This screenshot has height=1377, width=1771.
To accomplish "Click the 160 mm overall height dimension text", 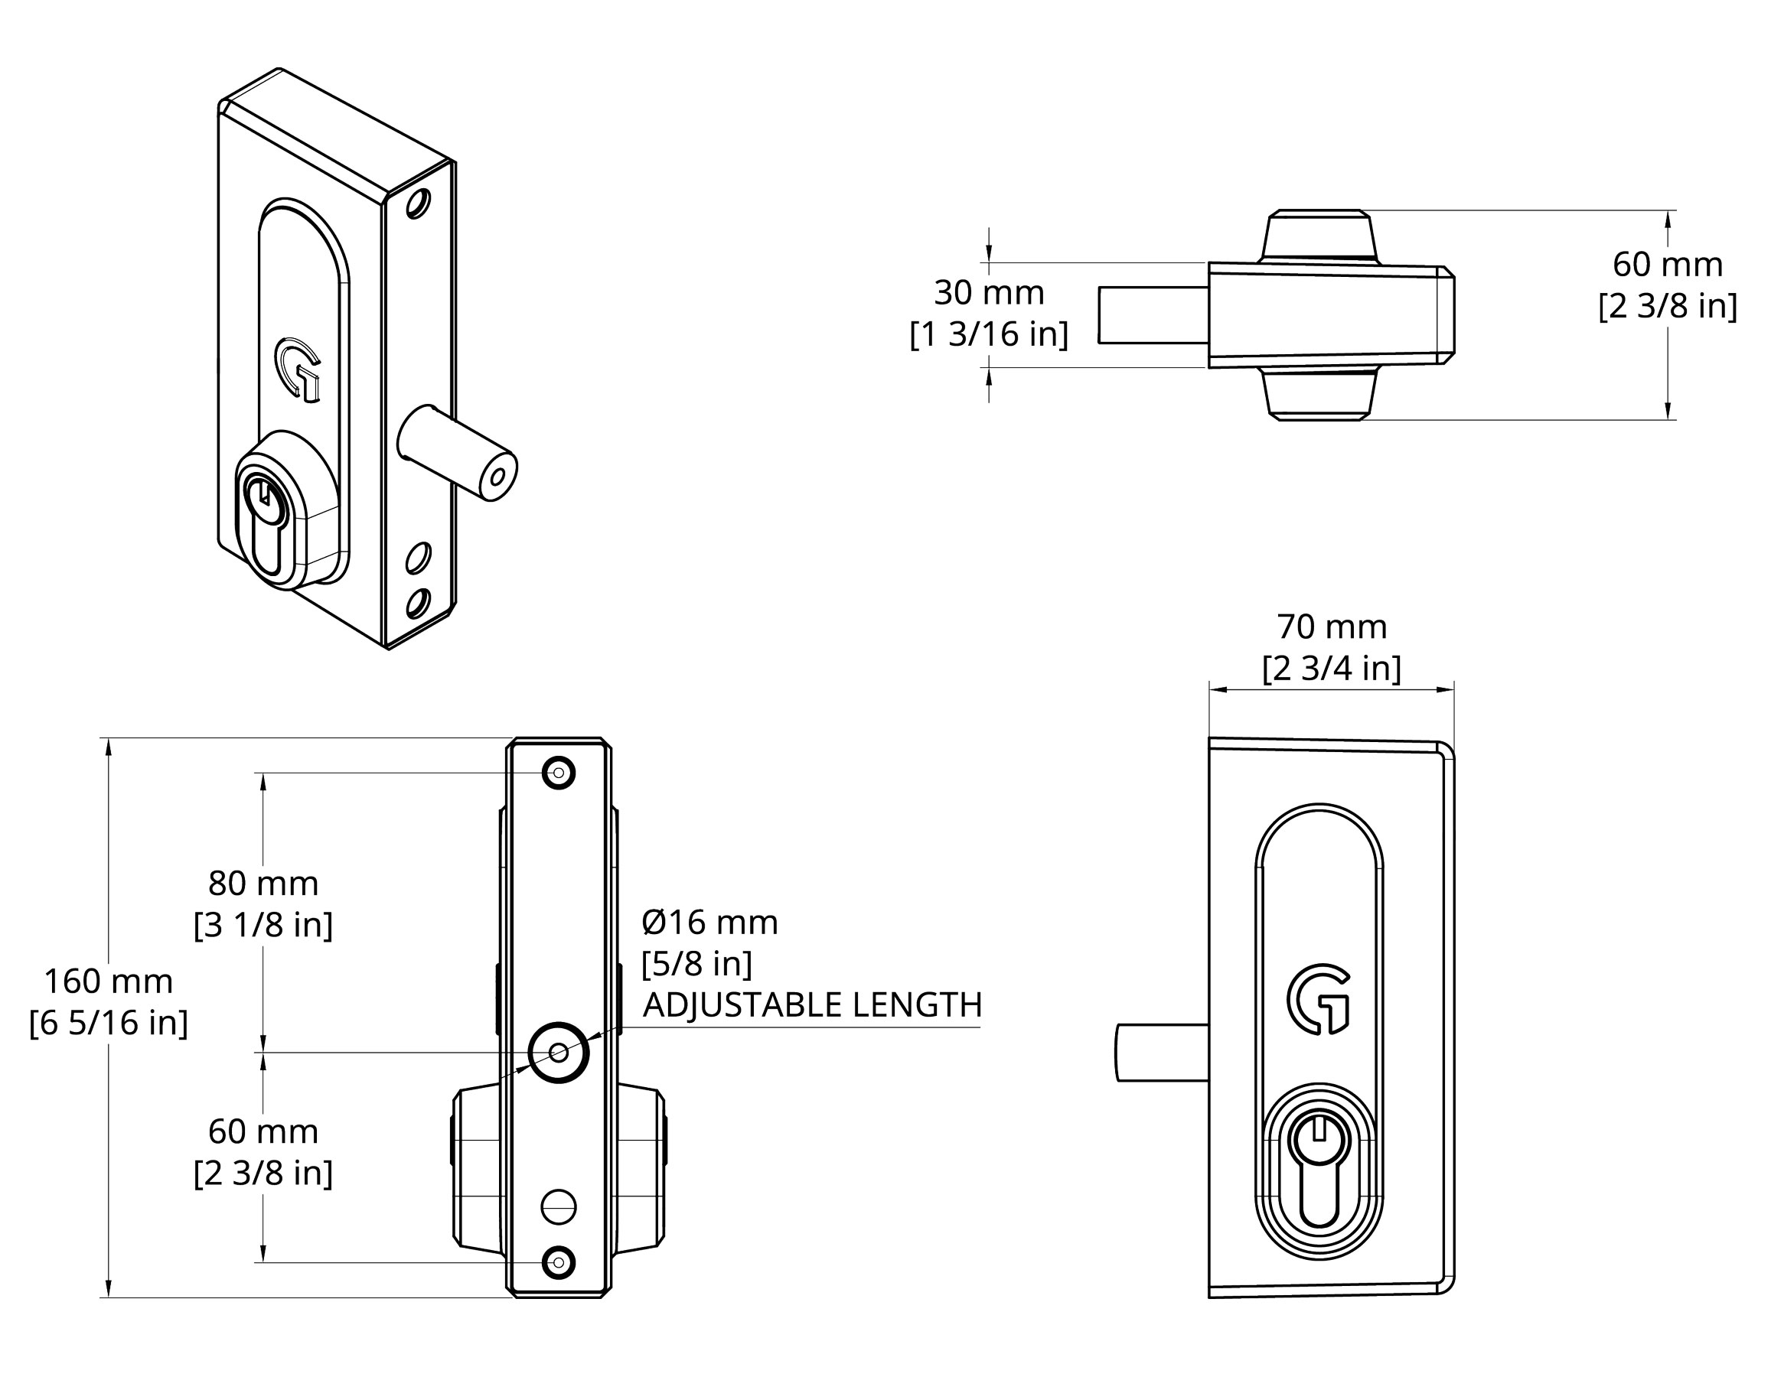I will (x=109, y=981).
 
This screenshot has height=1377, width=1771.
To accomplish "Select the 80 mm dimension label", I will (x=263, y=884).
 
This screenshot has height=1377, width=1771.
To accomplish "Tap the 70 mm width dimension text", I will (x=1332, y=627).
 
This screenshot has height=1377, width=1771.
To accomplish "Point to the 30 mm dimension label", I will (x=990, y=292).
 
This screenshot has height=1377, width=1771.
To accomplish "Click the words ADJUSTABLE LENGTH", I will (x=813, y=1005).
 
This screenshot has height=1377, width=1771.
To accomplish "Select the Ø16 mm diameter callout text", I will (x=709, y=923).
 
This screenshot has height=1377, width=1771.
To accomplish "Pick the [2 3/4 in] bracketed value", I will (x=1332, y=668).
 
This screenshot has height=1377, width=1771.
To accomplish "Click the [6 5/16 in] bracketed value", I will (x=109, y=1023).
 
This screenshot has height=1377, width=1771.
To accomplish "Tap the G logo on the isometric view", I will (x=298, y=369).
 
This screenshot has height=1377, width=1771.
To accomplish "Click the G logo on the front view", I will (x=1319, y=998).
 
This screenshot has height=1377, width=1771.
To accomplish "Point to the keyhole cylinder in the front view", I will (x=1319, y=1172).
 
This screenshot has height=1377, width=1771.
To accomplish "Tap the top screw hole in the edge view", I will (x=559, y=773).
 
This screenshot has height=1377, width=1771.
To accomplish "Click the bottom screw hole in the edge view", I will (x=559, y=1262).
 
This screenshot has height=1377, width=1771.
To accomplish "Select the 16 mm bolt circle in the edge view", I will (x=559, y=1052).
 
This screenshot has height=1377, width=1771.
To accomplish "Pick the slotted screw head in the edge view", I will (x=559, y=1208).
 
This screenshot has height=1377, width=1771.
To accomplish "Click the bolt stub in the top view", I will (x=1153, y=314).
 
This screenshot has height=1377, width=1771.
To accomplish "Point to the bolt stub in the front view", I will (x=1162, y=1052).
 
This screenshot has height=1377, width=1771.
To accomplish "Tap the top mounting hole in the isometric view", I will (x=419, y=203).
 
